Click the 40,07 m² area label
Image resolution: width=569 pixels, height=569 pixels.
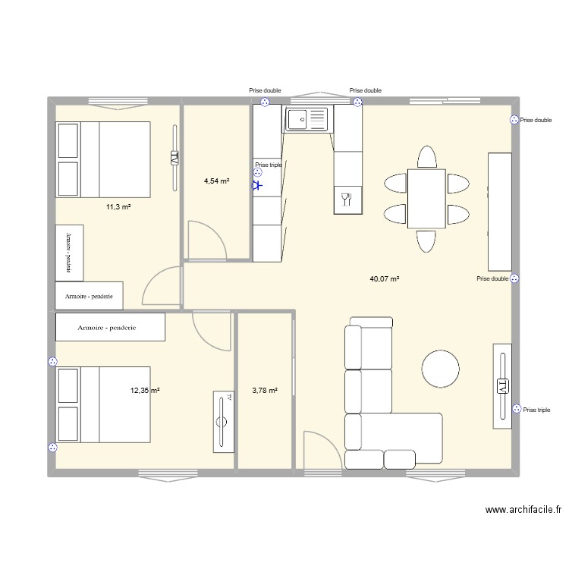(x=384, y=278)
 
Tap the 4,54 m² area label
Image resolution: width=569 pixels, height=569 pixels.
(x=216, y=181)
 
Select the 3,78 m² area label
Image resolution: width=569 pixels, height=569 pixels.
(x=264, y=391)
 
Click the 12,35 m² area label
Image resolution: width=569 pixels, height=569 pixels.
(x=145, y=391)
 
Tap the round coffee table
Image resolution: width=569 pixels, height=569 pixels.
(x=441, y=369)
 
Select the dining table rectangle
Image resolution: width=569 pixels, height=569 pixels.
(x=426, y=198)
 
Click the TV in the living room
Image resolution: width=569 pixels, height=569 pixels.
(x=502, y=385)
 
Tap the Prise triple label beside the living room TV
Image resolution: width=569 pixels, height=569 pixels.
(x=536, y=410)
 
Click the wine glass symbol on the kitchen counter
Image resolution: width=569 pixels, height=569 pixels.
(x=347, y=200)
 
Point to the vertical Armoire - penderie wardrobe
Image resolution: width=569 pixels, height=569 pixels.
(x=68, y=251)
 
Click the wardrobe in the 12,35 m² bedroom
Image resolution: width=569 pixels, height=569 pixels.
(x=111, y=327)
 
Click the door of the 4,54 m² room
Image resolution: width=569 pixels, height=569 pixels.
(x=206, y=239)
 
